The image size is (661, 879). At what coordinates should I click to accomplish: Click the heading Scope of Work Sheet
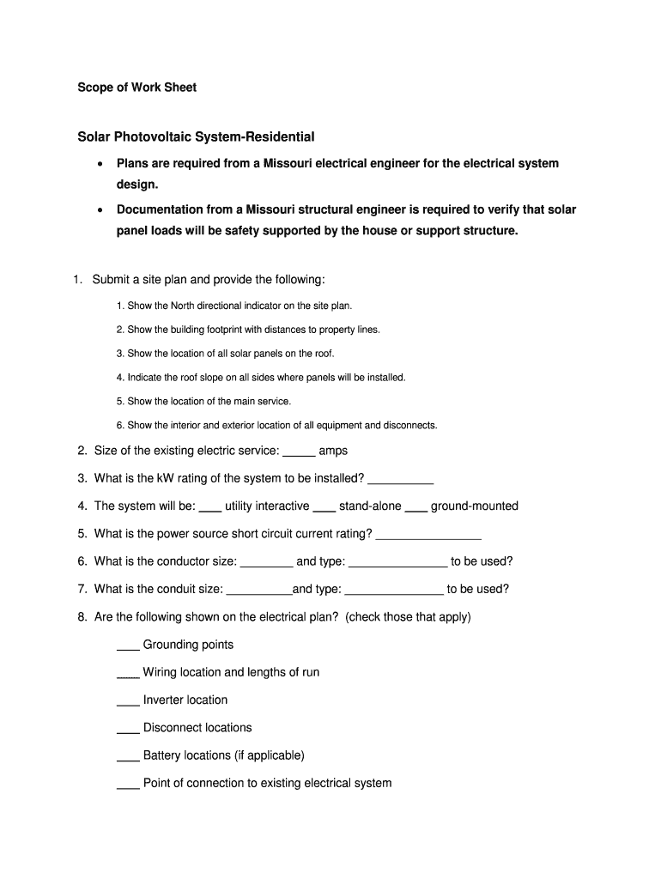pos(137,88)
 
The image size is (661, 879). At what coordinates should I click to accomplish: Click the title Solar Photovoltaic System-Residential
pos(197,136)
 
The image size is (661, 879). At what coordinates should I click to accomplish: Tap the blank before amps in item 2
pos(299,453)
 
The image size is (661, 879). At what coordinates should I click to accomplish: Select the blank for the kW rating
pos(400,481)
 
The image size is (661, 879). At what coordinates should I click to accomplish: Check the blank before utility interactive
pos(210,508)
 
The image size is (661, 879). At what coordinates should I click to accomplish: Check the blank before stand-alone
pos(324,508)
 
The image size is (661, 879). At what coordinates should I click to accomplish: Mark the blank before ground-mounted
pos(416,508)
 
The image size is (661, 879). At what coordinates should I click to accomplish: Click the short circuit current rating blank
pos(428,536)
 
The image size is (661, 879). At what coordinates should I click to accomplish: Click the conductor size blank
pos(267,564)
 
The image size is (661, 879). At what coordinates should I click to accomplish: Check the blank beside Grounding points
pos(128,647)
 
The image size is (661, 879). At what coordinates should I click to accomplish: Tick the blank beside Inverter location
pos(128,702)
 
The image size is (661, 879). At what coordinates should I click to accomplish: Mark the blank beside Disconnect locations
pos(128,730)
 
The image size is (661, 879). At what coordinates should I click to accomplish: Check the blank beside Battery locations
pos(128,758)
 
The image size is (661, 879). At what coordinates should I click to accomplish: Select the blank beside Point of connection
pos(128,785)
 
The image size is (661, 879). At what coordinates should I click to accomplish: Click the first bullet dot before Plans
pos(100,163)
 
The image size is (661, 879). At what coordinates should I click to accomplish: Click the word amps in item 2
pos(333,451)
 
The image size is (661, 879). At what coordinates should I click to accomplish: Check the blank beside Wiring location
pos(128,675)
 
